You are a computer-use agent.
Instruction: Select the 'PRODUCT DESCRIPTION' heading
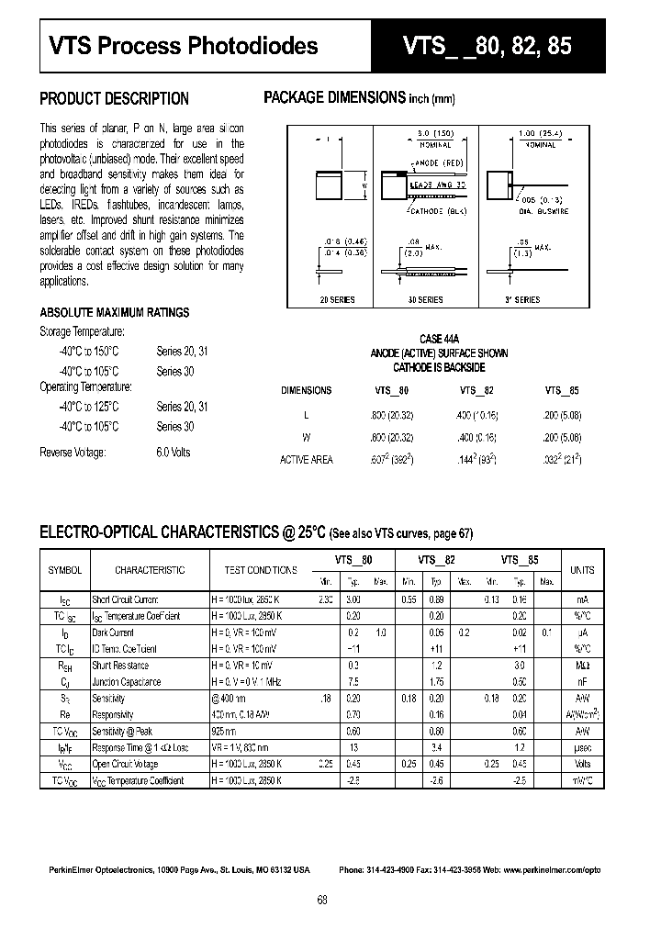pos(115,99)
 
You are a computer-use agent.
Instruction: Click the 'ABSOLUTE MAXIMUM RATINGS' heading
pos(115,312)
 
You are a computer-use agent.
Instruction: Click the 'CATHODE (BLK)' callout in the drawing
pos(439,210)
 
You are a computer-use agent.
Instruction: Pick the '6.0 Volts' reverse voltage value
pos(174,453)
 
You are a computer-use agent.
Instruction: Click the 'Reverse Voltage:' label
pos(73,453)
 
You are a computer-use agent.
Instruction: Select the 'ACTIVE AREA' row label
pos(306,459)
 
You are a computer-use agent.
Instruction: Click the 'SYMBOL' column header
pos(65,570)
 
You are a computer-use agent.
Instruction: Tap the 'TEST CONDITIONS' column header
pos(261,570)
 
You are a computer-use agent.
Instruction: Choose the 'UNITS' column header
pos(582,570)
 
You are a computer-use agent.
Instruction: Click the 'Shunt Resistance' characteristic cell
pos(119,666)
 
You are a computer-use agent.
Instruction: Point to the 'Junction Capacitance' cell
pos(126,682)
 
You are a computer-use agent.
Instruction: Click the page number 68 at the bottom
pos(322,900)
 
